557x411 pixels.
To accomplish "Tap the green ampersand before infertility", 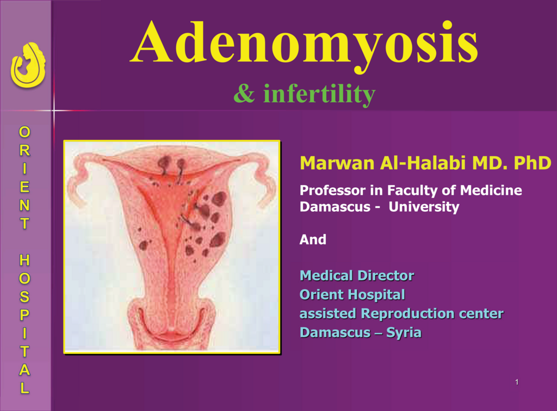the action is coord(244,94).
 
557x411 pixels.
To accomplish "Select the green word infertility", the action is coord(319,95).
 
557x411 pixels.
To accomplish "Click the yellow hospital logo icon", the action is coord(28,65).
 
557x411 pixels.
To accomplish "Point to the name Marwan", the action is coord(337,163).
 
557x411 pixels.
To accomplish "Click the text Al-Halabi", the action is coord(423,163).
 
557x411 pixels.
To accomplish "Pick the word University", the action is coord(424,207).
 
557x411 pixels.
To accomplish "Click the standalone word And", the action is coord(313,240).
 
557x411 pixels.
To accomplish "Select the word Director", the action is coord(386,275).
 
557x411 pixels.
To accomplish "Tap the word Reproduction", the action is coord(408,314).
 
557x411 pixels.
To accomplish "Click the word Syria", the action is coord(404,333).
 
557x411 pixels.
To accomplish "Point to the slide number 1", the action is coord(517,382).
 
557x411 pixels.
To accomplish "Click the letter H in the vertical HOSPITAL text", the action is coord(24,260).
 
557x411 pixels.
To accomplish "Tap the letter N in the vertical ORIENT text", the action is coord(24,205).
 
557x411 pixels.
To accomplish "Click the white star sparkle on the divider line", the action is coord(54,111).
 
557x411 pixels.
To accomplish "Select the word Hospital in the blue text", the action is coord(376,295).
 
